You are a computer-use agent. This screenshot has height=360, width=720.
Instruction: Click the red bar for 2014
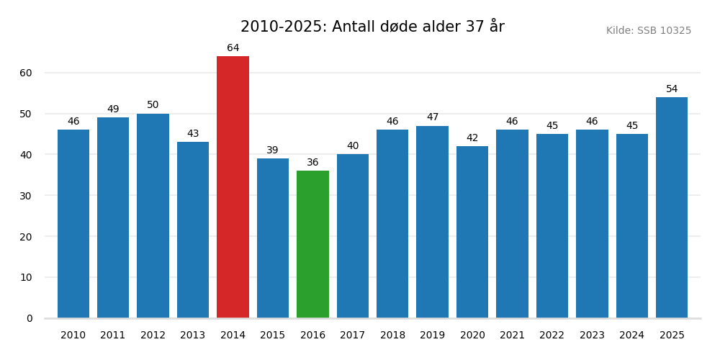[x=233, y=187]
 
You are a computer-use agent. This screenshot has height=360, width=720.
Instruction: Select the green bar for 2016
[x=312, y=244]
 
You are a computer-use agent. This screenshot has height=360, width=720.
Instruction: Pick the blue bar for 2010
[x=73, y=224]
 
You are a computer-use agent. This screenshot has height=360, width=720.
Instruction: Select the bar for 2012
[x=153, y=216]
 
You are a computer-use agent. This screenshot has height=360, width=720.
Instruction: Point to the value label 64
[x=233, y=48]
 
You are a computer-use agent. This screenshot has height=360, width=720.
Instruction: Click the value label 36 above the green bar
[x=312, y=163]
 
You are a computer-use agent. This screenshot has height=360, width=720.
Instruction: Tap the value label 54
[x=672, y=89]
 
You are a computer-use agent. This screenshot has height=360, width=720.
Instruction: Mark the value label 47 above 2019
[x=432, y=117]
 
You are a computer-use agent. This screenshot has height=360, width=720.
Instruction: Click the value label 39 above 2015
[x=272, y=150]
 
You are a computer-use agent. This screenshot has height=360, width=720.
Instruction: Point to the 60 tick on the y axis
[x=26, y=73]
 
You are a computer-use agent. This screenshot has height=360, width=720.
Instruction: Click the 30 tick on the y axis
[x=26, y=196]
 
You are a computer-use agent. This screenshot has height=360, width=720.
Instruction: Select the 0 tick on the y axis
[x=30, y=318]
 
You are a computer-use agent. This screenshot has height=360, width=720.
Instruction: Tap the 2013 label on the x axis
[x=193, y=336]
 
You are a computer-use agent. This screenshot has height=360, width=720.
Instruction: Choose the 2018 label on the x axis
[x=392, y=336]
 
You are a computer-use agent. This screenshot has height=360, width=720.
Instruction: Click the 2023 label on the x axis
[x=592, y=336]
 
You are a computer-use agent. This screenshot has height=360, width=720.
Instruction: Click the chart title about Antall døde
[x=372, y=27]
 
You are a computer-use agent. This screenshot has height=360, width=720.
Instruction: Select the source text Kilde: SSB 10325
[x=648, y=31]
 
